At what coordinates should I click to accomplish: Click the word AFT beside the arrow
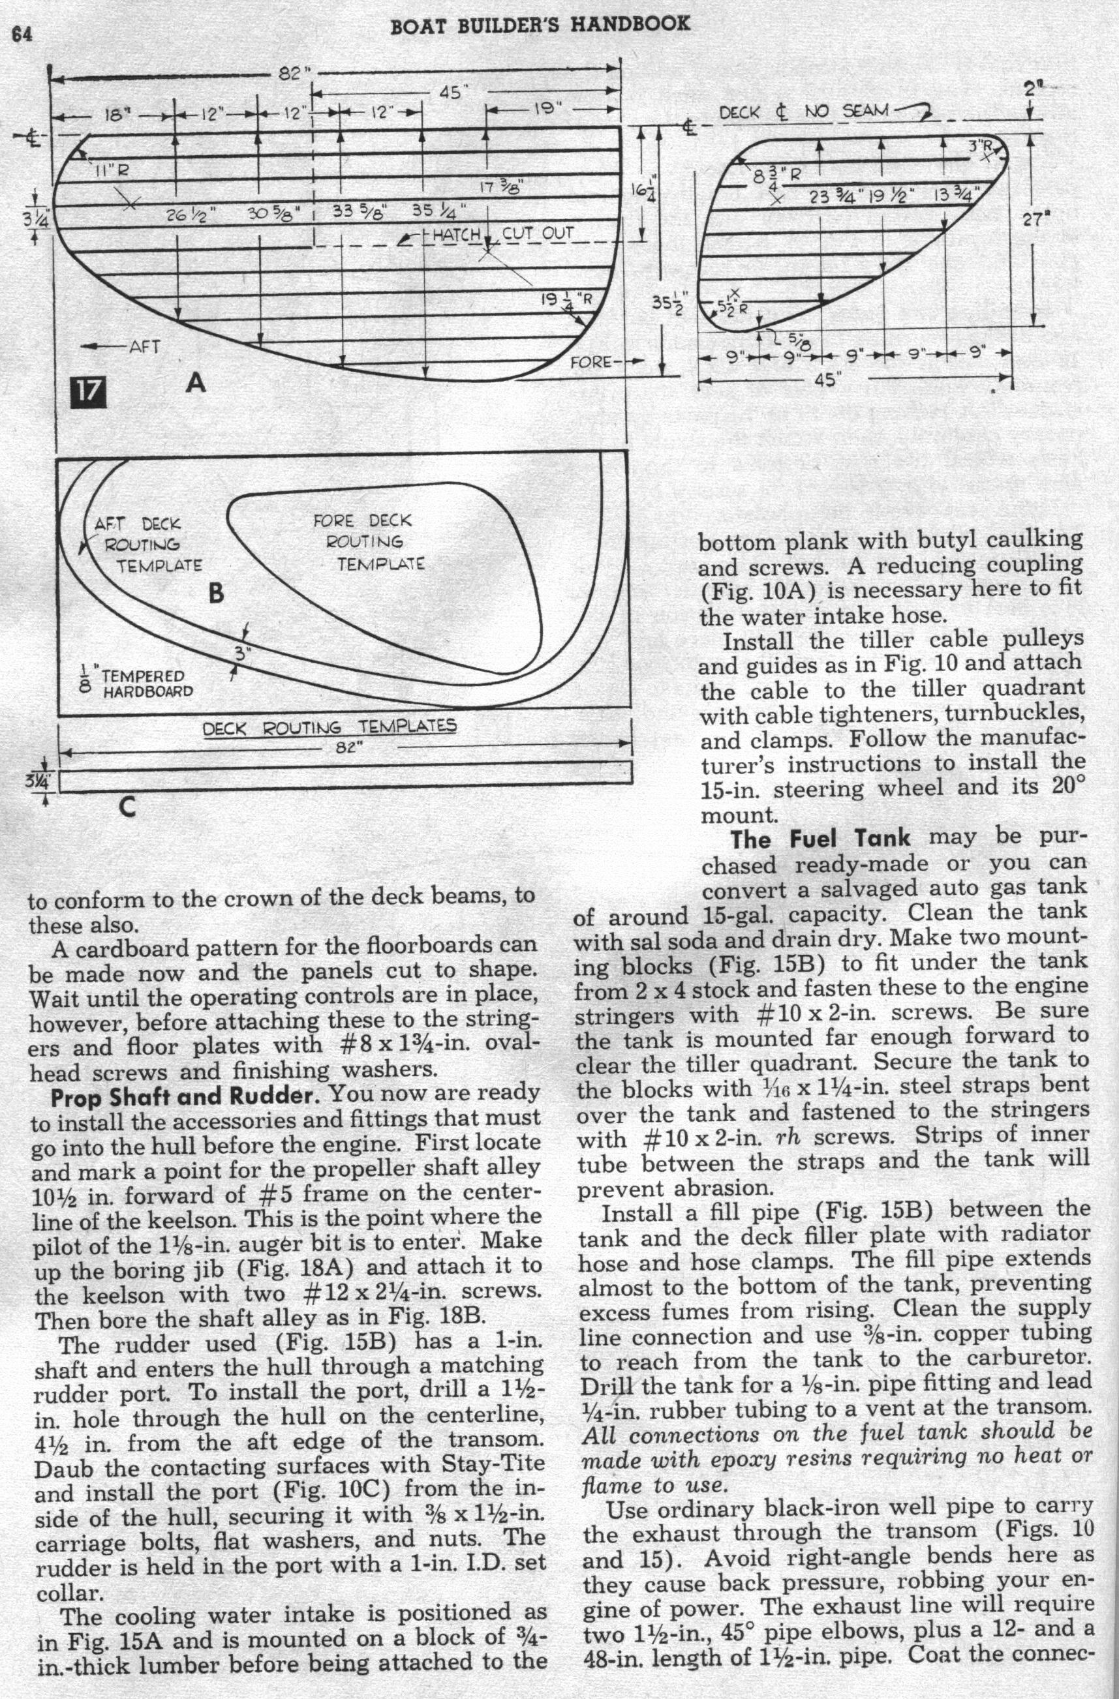(143, 346)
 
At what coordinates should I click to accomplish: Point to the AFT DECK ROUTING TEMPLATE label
(143, 545)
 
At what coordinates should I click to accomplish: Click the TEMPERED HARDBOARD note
(139, 683)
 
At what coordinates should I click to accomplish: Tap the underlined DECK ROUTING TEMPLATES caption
(330, 727)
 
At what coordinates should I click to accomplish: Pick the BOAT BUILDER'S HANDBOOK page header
(540, 24)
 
